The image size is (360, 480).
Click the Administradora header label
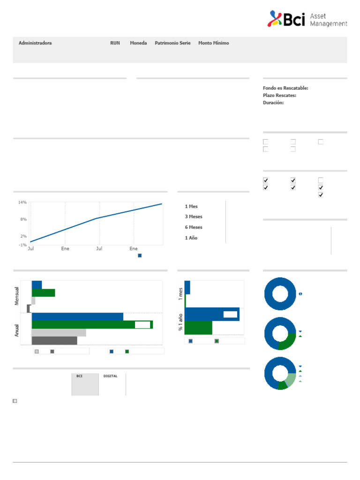click(35, 43)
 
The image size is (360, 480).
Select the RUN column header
click(115, 43)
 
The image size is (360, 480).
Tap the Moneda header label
click(138, 43)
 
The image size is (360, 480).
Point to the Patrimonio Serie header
click(172, 43)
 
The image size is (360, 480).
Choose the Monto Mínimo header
click(214, 43)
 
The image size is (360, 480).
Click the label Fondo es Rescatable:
click(285, 88)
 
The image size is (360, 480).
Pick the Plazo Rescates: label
click(279, 96)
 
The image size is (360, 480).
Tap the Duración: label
click(273, 103)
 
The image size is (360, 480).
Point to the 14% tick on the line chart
click(22, 202)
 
